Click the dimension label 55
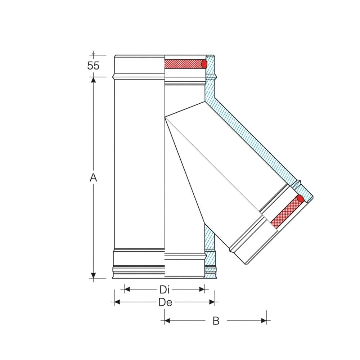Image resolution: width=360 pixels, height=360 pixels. tap(93, 66)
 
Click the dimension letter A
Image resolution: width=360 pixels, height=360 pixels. tap(93, 177)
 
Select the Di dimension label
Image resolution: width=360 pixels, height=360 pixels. tap(164, 289)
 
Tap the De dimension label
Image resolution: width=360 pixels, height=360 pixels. tap(165, 302)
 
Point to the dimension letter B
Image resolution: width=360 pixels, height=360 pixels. tap(216, 321)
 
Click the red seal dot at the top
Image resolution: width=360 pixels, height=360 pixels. tap(204, 64)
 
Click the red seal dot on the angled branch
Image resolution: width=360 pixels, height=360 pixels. tap(301, 198)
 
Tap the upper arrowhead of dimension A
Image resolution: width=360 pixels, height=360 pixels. tap(93, 80)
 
